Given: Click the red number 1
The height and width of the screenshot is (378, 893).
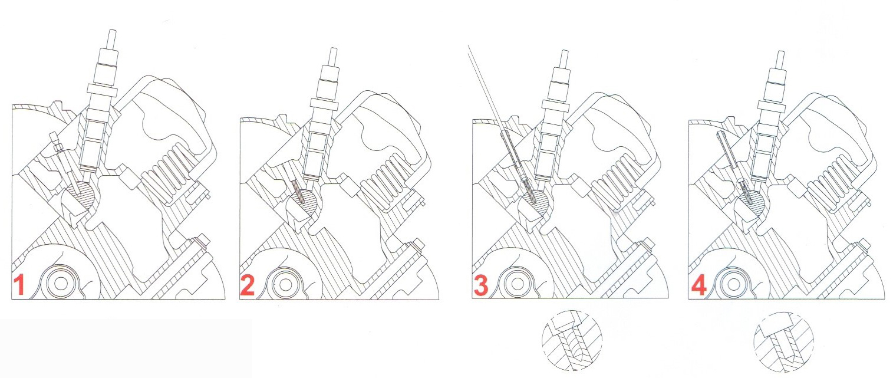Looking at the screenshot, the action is tap(19, 285).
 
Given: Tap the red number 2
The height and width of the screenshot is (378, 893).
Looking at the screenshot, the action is tap(247, 285).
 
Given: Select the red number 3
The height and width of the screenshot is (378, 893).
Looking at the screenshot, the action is tap(481, 286).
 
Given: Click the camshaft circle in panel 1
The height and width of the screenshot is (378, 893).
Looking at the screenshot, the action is tap(61, 284).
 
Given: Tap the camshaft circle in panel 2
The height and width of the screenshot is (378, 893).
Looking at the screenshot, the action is tap(285, 285).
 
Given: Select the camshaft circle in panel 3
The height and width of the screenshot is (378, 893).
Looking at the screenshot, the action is tap(518, 284).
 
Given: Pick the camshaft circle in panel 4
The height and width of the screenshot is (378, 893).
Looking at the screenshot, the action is tap(734, 285).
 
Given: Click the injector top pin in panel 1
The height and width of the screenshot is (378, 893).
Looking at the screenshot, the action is tap(113, 40).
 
